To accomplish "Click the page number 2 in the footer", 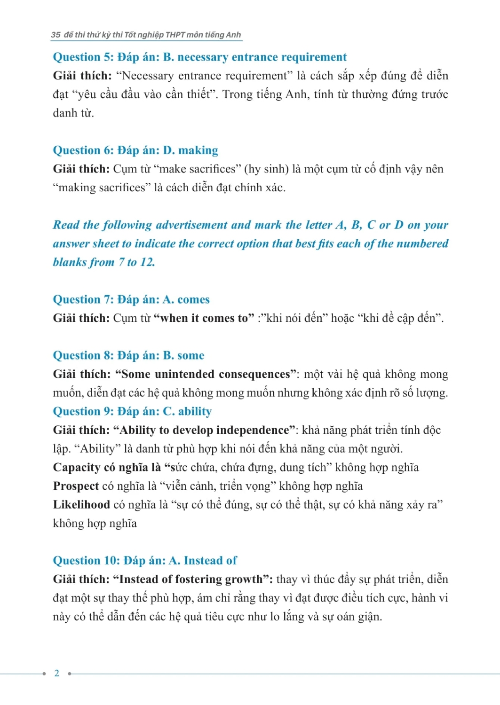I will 57,673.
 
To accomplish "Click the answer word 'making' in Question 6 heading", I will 198,150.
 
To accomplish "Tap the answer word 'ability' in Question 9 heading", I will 195,412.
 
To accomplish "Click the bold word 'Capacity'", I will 77,468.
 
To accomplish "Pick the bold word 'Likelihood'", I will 81,505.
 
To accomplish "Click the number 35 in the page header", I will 56,35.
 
